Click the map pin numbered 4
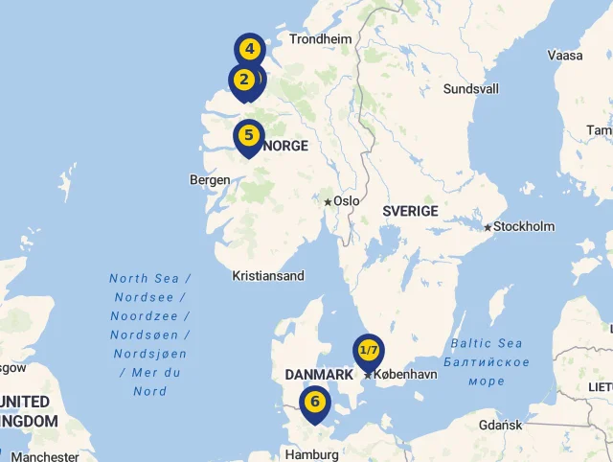click(x=249, y=48)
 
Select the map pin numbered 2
click(x=243, y=80)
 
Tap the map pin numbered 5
click(x=248, y=135)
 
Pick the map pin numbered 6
click(x=314, y=402)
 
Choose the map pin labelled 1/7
click(x=369, y=350)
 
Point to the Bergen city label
click(x=210, y=179)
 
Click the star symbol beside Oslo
click(x=328, y=202)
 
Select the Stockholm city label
click(x=525, y=227)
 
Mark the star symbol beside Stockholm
click(x=488, y=227)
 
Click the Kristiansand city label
click(x=268, y=276)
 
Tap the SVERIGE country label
click(x=410, y=211)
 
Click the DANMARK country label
click(x=319, y=374)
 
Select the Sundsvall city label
click(x=471, y=89)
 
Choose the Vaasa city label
click(x=565, y=55)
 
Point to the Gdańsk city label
click(x=501, y=425)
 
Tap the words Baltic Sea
click(x=487, y=344)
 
